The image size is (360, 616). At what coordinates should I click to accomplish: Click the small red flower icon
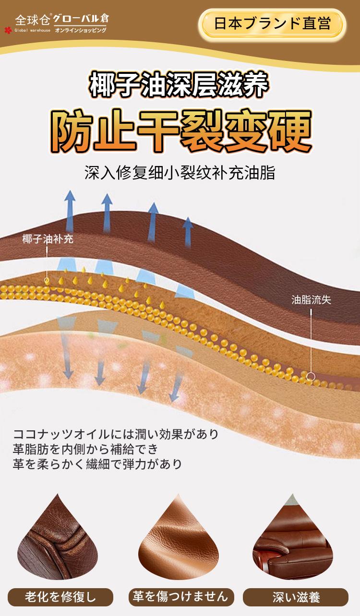tap(7, 30)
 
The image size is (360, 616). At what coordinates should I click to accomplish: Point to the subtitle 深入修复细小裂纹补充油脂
tap(180, 173)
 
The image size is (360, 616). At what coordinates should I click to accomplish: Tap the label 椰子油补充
tap(48, 239)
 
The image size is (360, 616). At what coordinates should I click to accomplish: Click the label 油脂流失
tap(311, 300)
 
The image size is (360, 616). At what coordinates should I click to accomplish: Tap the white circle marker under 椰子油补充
tap(47, 280)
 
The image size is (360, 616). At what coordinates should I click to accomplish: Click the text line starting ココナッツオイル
tap(116, 435)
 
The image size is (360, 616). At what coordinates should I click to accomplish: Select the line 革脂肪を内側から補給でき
tap(89, 450)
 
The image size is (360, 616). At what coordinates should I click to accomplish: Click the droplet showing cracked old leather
tap(54, 542)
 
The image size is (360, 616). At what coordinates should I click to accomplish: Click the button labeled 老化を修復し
tap(60, 597)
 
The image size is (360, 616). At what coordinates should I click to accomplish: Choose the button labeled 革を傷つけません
tap(180, 597)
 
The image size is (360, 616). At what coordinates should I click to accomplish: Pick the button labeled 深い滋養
tap(296, 597)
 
